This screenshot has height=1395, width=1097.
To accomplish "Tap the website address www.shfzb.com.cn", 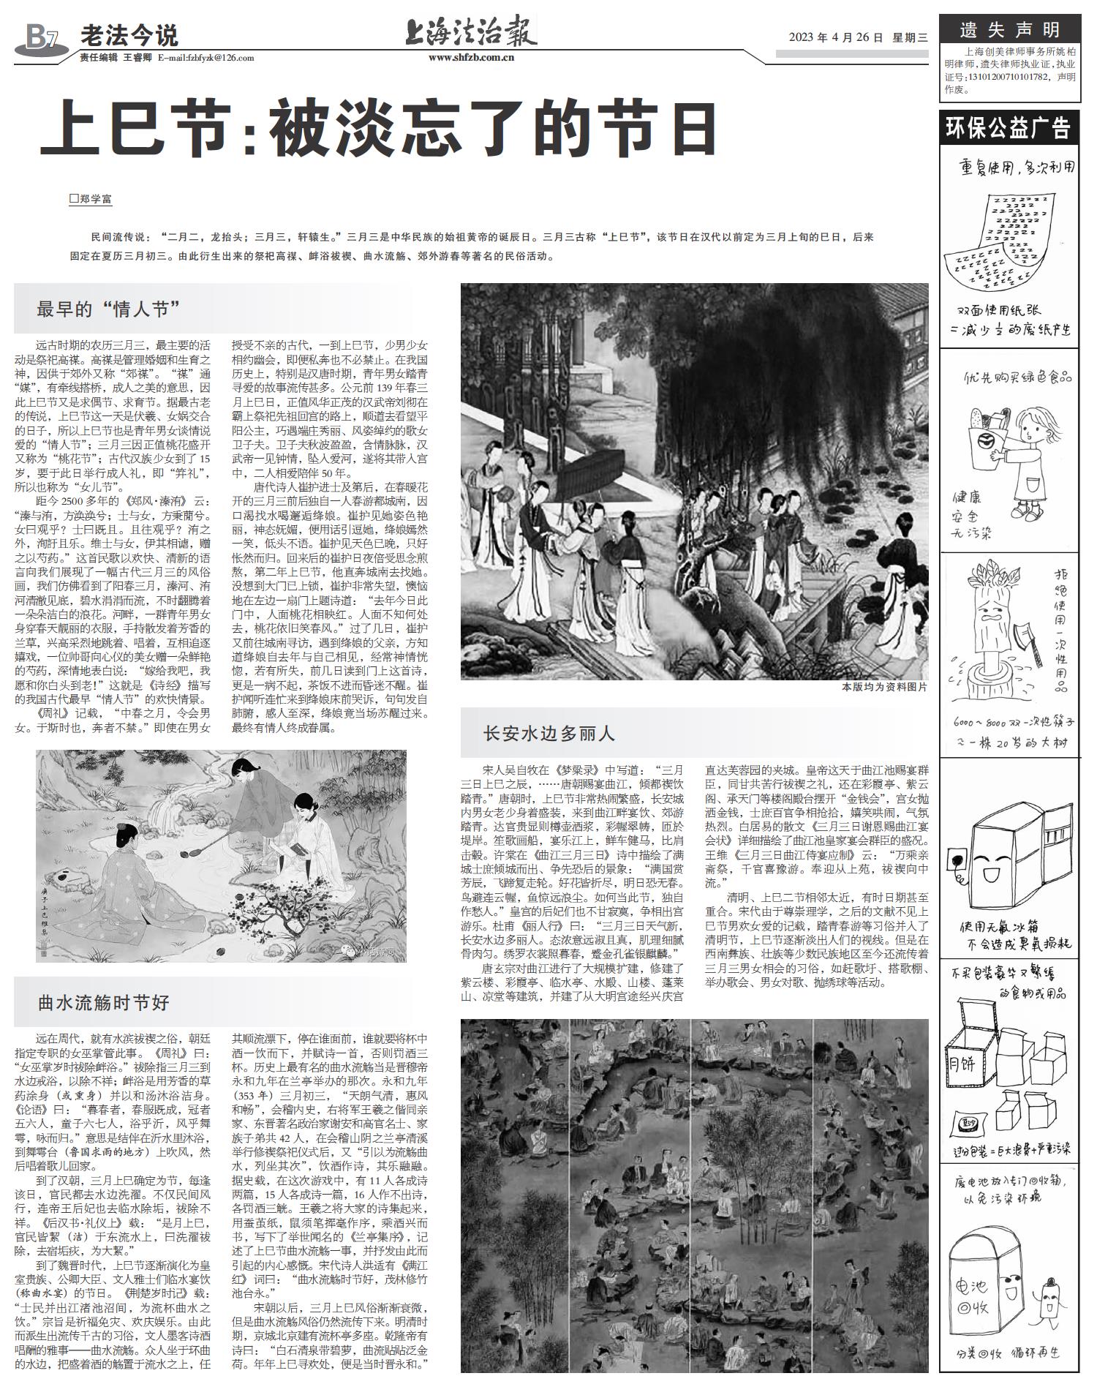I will (x=471, y=59).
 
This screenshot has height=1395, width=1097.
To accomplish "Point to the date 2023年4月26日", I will (x=836, y=38).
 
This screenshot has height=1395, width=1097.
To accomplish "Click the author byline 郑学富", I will (x=91, y=198).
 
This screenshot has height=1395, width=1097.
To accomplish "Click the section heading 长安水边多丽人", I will (x=549, y=734).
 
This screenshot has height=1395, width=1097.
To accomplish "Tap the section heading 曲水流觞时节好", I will (x=103, y=1002).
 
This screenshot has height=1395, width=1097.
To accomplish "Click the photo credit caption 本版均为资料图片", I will (x=884, y=687).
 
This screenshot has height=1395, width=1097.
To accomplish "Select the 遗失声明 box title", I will (x=1009, y=30).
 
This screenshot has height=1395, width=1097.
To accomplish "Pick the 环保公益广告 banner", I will (x=1009, y=127).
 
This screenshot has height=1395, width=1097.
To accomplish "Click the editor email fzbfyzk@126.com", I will (x=206, y=59).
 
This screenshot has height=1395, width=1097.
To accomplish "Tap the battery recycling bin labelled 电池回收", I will (x=982, y=1294).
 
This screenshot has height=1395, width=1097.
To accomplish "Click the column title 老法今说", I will (x=129, y=35).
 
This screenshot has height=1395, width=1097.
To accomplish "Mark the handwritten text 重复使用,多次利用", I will (x=1017, y=168).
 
